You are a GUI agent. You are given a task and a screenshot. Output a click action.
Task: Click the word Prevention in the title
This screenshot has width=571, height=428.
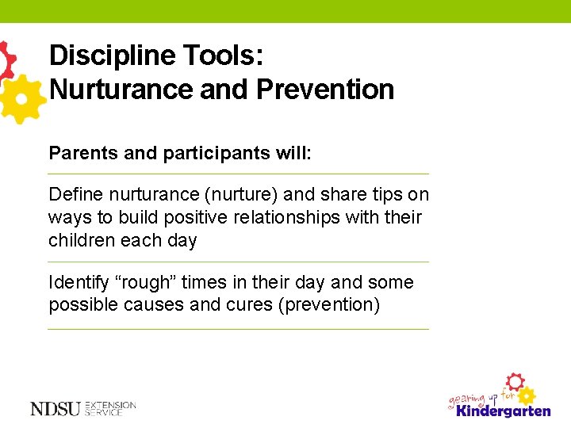point(325,90)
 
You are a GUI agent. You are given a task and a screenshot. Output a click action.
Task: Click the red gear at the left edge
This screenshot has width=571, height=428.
point(6,59)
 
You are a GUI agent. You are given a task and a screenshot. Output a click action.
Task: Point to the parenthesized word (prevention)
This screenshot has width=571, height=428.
point(328,305)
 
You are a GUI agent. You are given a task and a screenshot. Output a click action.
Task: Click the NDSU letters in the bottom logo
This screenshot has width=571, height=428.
point(56,409)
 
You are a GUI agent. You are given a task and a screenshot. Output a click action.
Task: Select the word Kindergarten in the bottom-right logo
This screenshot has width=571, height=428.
point(503,411)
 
